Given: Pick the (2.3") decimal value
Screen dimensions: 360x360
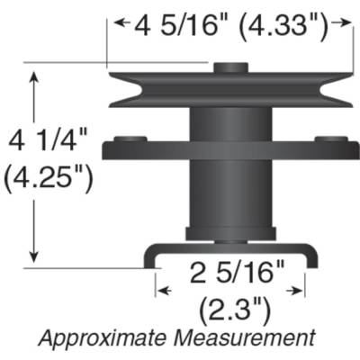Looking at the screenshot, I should click(233, 310).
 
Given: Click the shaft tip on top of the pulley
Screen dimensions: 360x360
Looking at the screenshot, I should click(229, 66).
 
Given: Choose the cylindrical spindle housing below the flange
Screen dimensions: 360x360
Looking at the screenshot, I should click(229, 193).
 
